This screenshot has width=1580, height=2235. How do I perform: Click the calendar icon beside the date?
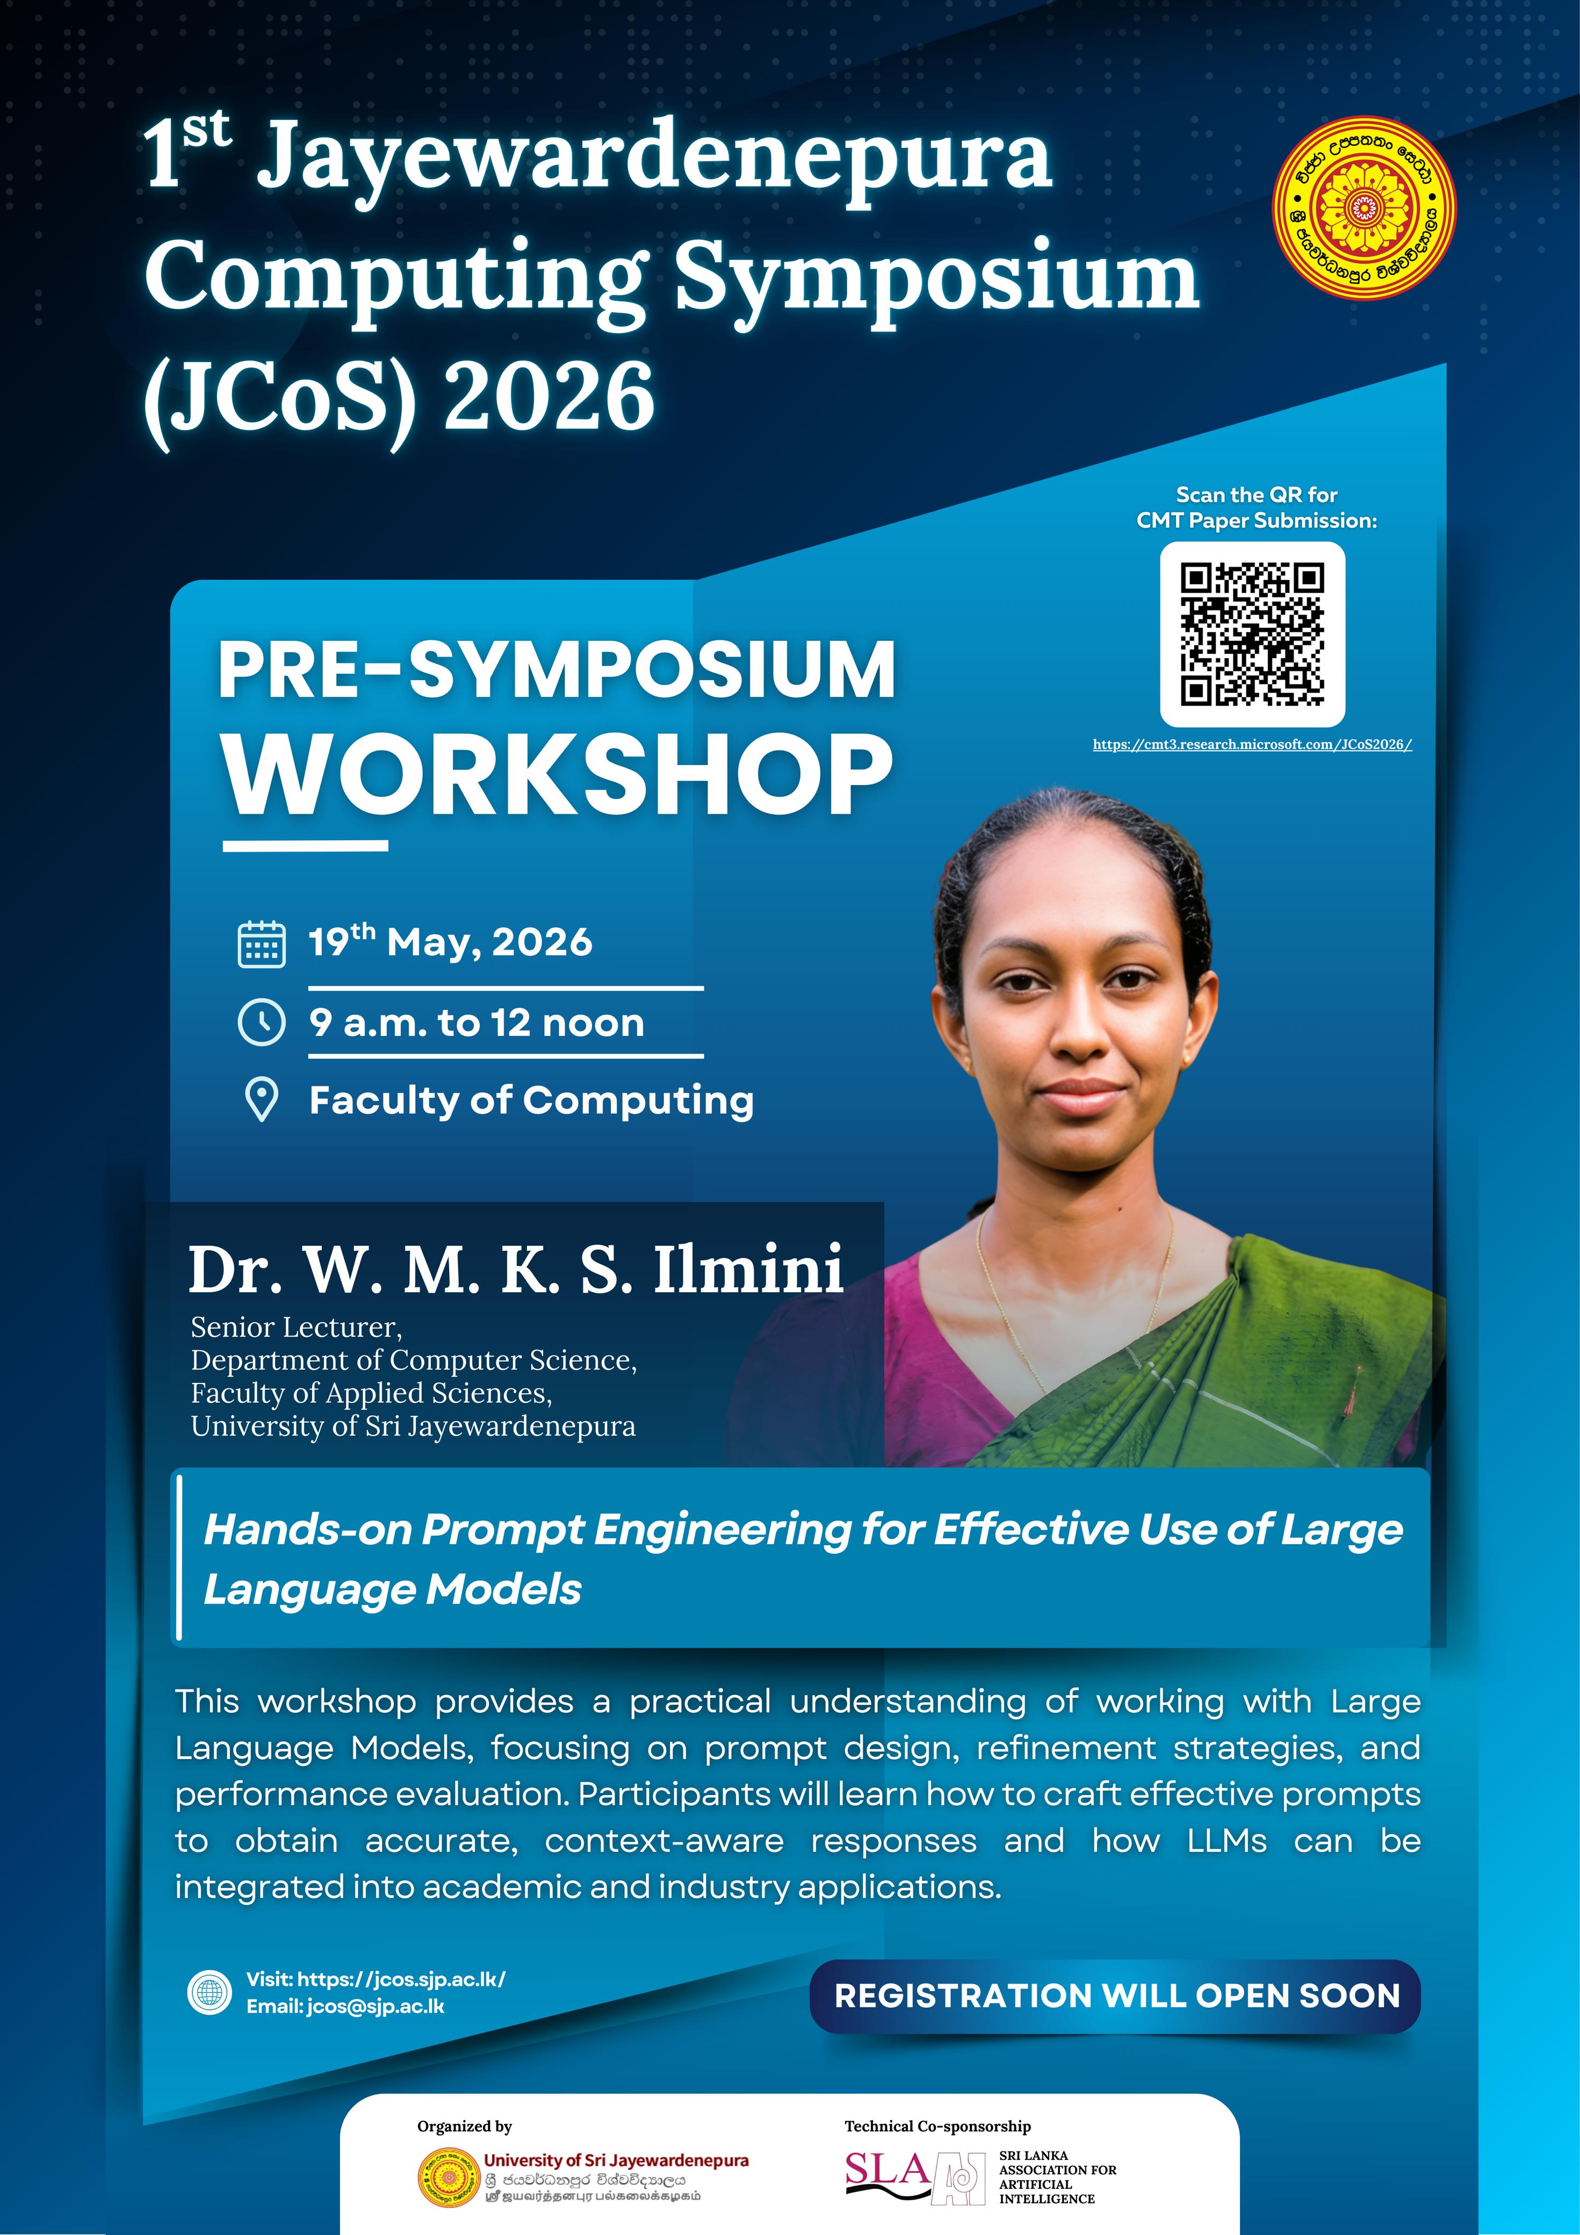point(262,943)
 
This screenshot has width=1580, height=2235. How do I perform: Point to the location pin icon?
point(262,1100)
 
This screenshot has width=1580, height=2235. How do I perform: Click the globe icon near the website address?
point(210,1993)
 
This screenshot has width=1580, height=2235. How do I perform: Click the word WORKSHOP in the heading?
point(558,776)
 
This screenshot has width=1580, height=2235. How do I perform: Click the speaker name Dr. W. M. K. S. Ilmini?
point(516,1270)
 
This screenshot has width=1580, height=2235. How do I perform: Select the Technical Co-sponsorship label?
point(937,2126)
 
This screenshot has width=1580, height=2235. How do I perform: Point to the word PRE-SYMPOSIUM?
point(557,670)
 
